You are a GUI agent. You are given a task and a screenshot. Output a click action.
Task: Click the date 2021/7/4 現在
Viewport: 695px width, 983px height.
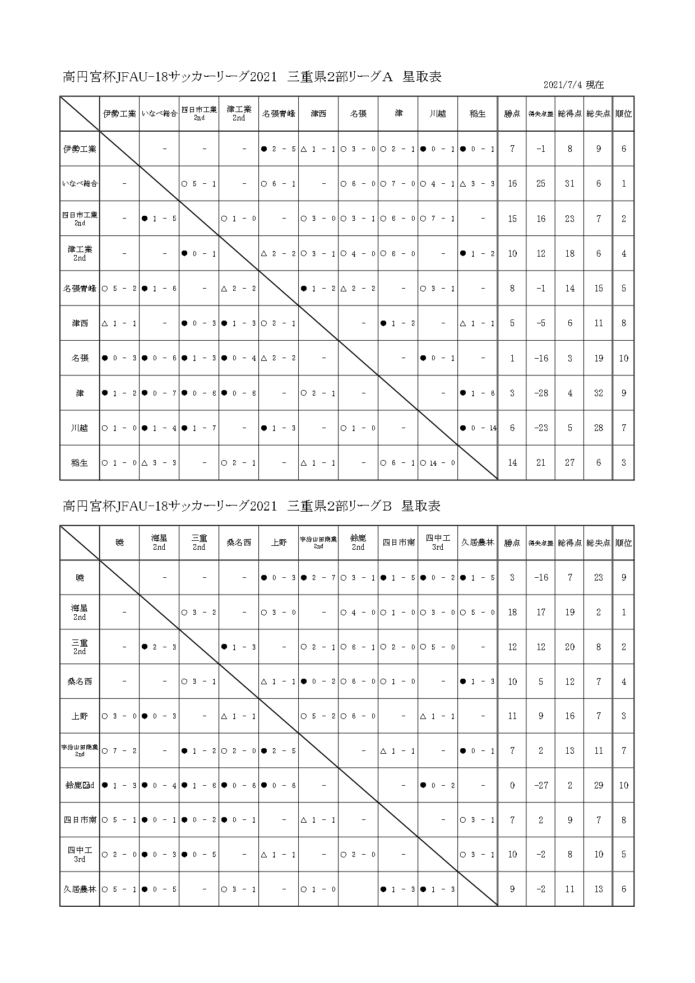[573, 85]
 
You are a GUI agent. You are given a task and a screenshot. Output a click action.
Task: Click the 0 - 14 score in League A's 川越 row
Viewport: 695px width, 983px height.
[481, 428]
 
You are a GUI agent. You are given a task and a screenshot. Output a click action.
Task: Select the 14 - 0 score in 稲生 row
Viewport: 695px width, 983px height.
[441, 463]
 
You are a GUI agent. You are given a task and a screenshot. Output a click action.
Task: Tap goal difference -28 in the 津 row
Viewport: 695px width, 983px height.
[541, 393]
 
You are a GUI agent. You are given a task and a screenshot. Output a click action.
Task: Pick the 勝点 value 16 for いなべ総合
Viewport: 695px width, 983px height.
[512, 184]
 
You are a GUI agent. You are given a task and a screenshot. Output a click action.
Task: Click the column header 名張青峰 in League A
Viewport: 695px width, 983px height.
[279, 114]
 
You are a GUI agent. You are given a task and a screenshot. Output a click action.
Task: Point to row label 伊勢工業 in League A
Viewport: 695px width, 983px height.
[80, 149]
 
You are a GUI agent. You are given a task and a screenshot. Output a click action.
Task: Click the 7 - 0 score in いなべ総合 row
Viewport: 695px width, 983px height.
[401, 184]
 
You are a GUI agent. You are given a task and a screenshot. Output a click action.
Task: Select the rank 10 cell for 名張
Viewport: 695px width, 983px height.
[624, 359]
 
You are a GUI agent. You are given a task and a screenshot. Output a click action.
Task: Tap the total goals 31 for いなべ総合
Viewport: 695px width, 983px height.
[569, 184]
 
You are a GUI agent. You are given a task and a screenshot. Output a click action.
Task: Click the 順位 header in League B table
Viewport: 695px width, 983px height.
[624, 542]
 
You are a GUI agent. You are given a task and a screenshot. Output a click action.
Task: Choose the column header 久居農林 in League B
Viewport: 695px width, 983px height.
[478, 542]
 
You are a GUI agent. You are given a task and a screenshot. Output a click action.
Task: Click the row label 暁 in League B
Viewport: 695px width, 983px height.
[80, 578]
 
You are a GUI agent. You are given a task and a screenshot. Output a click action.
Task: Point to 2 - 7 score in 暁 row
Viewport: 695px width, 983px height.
[321, 578]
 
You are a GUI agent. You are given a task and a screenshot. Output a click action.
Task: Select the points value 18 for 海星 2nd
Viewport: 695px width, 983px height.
[512, 613]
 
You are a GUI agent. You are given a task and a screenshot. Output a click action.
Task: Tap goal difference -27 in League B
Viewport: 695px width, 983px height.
[541, 786]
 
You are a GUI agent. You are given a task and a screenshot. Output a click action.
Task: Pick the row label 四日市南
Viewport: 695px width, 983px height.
[80, 820]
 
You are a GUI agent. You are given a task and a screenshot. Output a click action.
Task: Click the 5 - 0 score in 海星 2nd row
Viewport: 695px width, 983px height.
[481, 613]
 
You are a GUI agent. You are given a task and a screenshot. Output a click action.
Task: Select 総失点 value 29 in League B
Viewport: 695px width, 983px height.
[599, 786]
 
